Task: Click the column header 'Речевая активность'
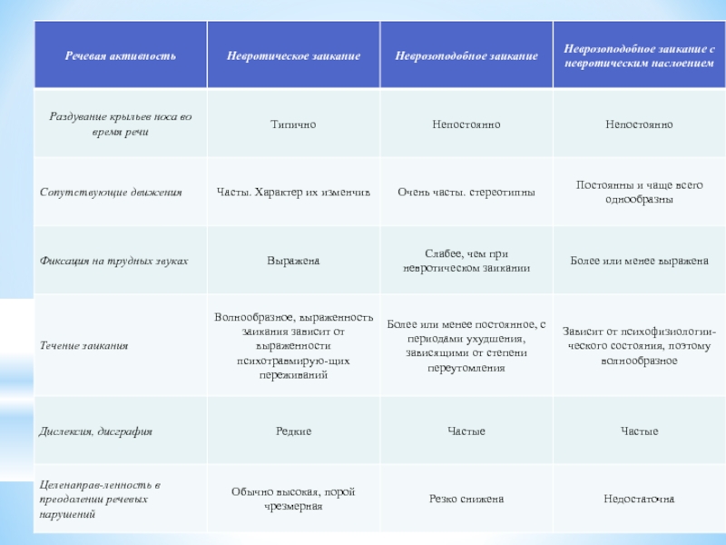click(x=120, y=56)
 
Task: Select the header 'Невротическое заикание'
click(x=293, y=56)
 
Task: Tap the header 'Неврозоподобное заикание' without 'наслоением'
click(x=466, y=56)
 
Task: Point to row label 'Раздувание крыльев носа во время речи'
click(x=121, y=124)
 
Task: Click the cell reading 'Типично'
click(x=293, y=124)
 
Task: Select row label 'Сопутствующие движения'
click(x=111, y=193)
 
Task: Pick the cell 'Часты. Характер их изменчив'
click(x=293, y=193)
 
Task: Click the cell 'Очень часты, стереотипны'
click(x=466, y=193)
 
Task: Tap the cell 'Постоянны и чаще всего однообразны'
click(x=639, y=192)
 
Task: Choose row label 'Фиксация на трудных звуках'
click(x=114, y=261)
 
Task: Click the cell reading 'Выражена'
click(x=293, y=261)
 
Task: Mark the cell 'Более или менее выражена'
click(x=639, y=261)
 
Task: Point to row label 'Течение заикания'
click(x=83, y=346)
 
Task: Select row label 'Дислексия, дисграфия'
click(x=96, y=431)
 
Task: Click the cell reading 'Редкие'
click(x=293, y=431)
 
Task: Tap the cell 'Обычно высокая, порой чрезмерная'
click(x=293, y=499)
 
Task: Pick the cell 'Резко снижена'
click(x=466, y=499)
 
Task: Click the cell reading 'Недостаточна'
click(x=639, y=499)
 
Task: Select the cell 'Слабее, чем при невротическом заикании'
click(x=466, y=261)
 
